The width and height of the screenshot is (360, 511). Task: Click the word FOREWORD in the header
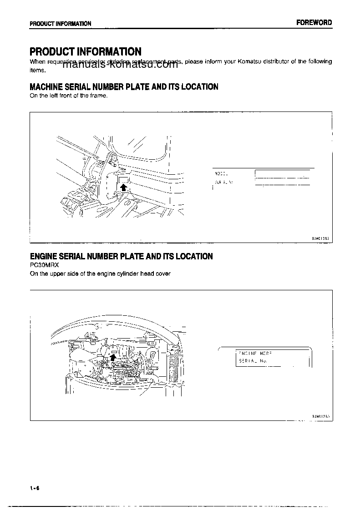coord(314,22)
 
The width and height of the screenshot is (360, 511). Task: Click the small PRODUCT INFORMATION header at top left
coord(61,24)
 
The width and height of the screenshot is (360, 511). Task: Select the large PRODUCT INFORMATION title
coord(85,51)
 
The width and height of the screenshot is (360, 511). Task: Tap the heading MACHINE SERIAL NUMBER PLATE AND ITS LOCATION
coord(124,86)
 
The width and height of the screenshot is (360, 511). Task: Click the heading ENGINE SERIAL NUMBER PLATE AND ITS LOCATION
coord(121,256)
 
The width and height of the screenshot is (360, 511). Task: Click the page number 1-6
coord(35,488)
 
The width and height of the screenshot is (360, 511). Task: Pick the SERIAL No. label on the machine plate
coord(223,182)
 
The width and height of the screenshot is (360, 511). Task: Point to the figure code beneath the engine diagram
coord(321,416)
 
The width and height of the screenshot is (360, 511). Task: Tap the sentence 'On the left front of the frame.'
coord(68,96)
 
